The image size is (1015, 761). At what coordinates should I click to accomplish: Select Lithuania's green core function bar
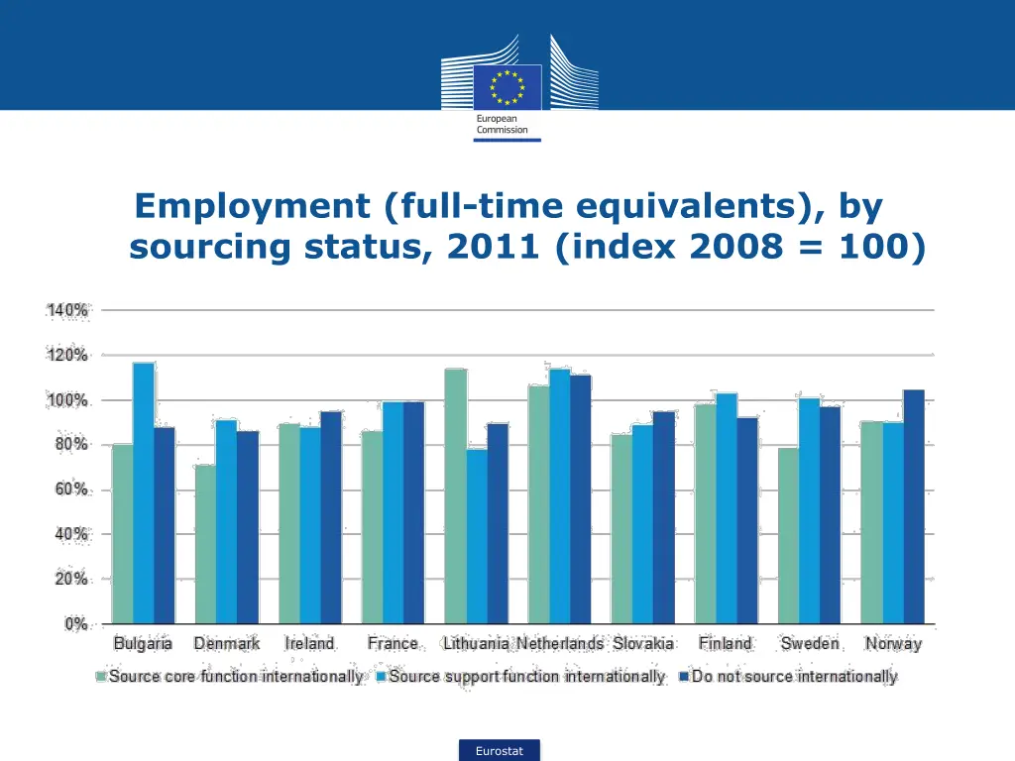click(456, 495)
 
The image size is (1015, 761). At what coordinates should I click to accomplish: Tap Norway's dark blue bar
click(913, 506)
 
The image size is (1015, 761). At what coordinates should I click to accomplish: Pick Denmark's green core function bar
click(205, 544)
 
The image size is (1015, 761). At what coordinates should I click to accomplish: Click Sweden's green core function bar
click(788, 535)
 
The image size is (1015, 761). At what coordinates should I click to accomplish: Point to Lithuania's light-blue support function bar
click(477, 536)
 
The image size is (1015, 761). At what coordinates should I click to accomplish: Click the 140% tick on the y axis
click(67, 310)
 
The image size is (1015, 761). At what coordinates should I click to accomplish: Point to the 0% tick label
click(75, 624)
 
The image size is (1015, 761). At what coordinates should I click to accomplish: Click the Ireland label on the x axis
click(309, 644)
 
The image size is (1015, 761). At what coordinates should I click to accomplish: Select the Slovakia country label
click(643, 644)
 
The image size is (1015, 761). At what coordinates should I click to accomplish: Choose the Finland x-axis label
click(725, 644)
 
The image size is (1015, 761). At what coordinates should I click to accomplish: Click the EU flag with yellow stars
click(507, 87)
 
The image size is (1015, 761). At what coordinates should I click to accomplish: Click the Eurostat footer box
click(499, 751)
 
